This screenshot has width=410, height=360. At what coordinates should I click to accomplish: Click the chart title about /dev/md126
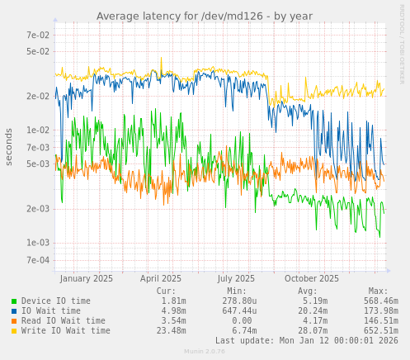click(x=205, y=16)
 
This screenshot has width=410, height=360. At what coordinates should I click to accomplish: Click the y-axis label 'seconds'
click(x=9, y=146)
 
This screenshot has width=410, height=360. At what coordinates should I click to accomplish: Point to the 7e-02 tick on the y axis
click(x=37, y=35)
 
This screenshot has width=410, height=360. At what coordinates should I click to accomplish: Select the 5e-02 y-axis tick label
click(x=37, y=51)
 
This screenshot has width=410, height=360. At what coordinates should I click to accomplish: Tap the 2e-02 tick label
click(x=37, y=96)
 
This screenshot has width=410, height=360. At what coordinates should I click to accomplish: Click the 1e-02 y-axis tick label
click(x=37, y=130)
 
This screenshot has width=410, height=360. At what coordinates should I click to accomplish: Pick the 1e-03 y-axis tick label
click(x=37, y=243)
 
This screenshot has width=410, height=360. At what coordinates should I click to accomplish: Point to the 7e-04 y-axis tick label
click(x=37, y=260)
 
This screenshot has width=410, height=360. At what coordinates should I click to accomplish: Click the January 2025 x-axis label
click(x=87, y=279)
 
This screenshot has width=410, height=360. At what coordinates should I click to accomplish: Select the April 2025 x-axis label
click(x=161, y=279)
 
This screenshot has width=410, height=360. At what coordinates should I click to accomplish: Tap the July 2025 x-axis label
click(x=236, y=279)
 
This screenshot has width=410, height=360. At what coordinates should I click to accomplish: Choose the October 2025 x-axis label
click(x=312, y=279)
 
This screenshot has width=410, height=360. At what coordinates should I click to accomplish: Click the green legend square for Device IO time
click(x=14, y=301)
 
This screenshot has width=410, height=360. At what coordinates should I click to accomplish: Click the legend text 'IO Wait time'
click(x=51, y=311)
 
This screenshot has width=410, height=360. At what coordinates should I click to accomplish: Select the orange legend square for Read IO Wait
click(x=14, y=321)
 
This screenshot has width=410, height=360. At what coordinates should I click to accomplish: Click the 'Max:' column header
click(x=378, y=291)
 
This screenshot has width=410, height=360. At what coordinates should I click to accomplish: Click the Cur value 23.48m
click(x=172, y=331)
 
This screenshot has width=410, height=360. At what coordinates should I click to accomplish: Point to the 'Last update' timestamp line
click(x=306, y=340)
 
